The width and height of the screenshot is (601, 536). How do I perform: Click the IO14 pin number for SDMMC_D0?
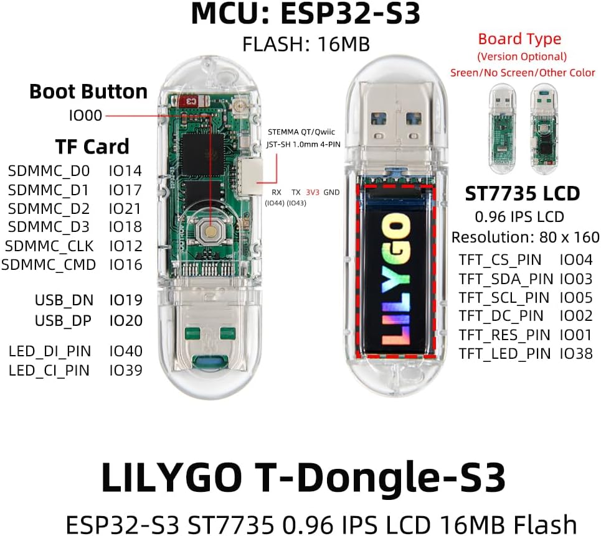(125, 171)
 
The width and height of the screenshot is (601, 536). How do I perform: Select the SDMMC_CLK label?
(49, 246)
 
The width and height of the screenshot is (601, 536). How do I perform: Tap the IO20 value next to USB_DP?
(126, 321)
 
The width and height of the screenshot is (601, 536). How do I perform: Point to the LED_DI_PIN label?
(50, 351)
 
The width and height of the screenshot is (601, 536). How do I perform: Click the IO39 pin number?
(126, 371)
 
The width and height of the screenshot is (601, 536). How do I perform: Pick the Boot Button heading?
(88, 92)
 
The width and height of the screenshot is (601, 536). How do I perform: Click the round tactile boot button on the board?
(210, 231)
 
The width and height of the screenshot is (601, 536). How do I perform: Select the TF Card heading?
(92, 147)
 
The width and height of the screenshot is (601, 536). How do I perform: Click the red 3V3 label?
(313, 192)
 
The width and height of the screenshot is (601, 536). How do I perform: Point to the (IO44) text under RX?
(275, 203)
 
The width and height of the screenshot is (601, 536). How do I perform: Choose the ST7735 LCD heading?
(522, 193)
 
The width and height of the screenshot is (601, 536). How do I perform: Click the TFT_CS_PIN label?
(500, 260)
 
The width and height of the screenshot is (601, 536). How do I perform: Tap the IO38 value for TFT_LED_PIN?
(576, 354)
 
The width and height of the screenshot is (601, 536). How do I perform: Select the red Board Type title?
(519, 39)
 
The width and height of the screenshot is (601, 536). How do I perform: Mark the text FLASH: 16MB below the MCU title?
(306, 44)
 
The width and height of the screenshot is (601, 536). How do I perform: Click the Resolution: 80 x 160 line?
(525, 238)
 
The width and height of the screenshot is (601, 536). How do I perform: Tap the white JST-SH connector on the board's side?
(250, 175)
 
